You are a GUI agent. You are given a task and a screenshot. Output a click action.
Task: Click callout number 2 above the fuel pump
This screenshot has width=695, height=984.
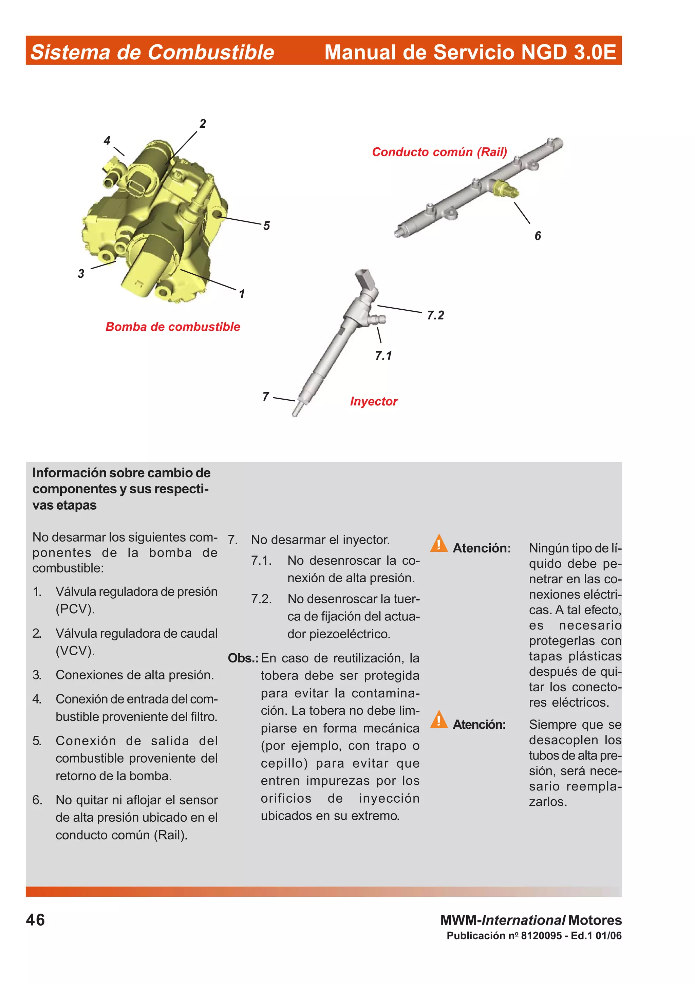[203, 124]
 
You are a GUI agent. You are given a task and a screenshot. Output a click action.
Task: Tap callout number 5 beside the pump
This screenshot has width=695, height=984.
[266, 226]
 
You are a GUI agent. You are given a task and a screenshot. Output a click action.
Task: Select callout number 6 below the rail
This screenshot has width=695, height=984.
[538, 236]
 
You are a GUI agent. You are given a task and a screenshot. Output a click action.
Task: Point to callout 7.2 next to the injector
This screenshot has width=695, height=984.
[435, 315]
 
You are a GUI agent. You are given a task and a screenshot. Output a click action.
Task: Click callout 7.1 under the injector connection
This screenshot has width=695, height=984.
[383, 356]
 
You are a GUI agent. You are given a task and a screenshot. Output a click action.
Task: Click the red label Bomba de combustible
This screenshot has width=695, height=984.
[173, 327]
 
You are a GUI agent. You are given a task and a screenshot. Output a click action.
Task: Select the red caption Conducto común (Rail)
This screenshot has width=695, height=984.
[439, 152]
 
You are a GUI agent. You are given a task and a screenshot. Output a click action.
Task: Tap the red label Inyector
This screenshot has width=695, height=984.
[373, 402]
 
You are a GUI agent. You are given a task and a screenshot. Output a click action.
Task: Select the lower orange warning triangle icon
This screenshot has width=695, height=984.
[438, 719]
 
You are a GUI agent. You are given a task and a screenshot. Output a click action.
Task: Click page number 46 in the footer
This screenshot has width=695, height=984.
[35, 920]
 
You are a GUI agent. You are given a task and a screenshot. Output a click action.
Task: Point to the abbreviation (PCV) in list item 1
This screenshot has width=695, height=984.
[75, 609]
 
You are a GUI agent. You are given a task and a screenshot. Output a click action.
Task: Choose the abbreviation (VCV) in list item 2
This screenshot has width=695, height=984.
[75, 651]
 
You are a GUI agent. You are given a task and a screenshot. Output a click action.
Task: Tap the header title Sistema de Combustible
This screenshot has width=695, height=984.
[152, 52]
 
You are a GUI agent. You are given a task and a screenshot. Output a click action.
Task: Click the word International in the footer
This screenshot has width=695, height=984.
[523, 920]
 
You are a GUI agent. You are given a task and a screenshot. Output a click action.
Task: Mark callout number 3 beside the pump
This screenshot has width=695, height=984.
[81, 274]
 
